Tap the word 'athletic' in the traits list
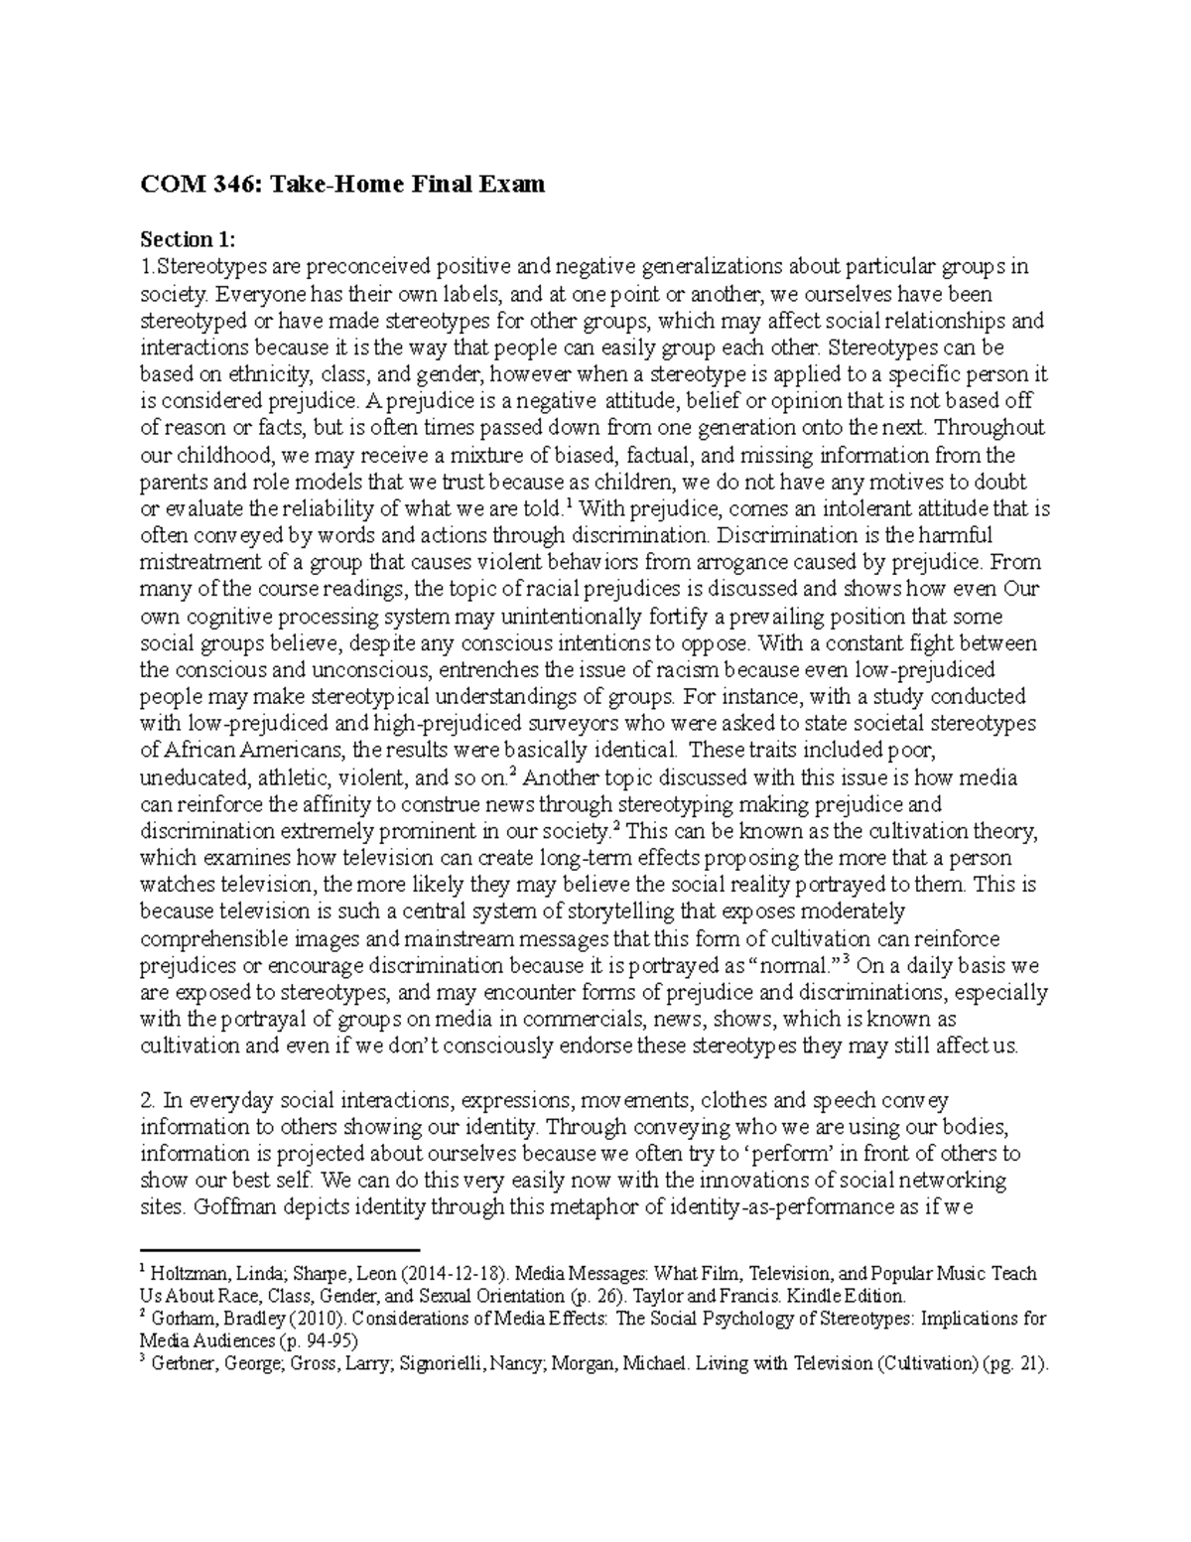298,776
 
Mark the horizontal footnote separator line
282,1250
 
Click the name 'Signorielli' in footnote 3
461,1364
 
